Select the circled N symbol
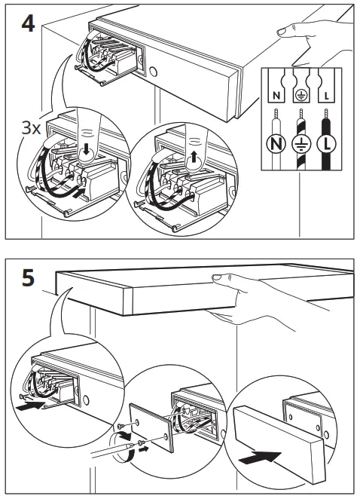tap(275, 145)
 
